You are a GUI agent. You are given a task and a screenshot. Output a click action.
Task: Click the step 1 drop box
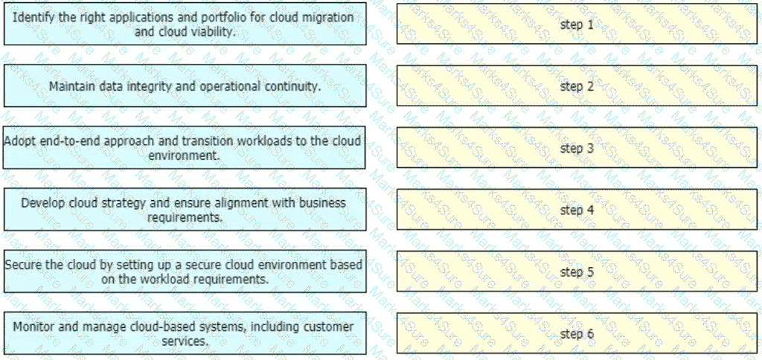[577, 24]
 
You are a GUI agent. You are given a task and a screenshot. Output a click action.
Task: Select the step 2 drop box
[577, 86]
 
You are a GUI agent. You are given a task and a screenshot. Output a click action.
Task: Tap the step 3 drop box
[577, 147]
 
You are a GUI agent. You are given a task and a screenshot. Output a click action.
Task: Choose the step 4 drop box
[577, 210]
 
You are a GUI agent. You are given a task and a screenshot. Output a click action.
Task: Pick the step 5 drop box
[577, 271]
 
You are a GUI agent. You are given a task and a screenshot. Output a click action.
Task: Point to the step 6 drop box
[577, 333]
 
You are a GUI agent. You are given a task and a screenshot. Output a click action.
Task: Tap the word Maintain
[71, 86]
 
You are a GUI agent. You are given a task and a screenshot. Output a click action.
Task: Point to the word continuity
[293, 86]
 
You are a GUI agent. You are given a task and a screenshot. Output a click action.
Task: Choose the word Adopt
[19, 140]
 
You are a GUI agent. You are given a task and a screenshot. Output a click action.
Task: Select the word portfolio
[219, 16]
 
